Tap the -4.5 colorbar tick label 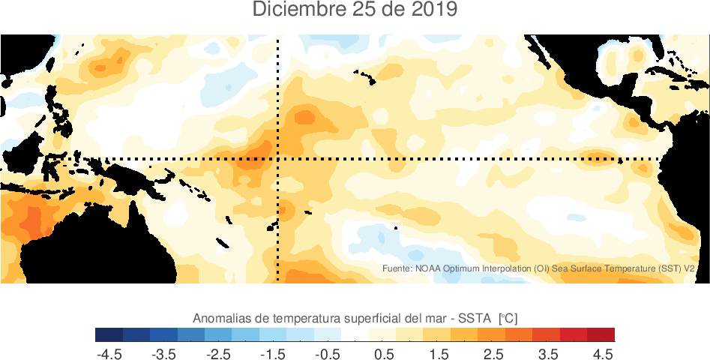click(x=109, y=353)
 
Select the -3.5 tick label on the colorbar click(x=164, y=353)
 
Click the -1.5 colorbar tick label click(x=274, y=353)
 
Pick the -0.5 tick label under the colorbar click(x=328, y=353)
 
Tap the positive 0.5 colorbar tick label click(x=385, y=353)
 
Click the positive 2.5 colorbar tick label click(x=493, y=353)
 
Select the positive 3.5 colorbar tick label click(x=548, y=353)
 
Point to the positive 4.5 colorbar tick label click(x=603, y=353)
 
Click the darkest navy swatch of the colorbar click(x=109, y=334)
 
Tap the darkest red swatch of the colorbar click(x=601, y=334)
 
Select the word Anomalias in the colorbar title click(x=222, y=318)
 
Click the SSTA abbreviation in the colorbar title click(x=469, y=318)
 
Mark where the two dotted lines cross click(x=278, y=159)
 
